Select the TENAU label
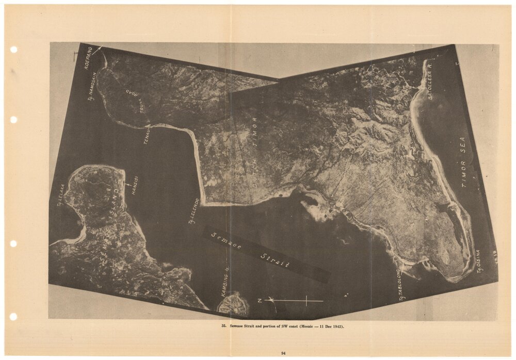(147, 135)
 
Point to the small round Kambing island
(233, 304)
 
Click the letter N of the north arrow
(260, 300)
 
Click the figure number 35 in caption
(223, 326)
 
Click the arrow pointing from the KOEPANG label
(96, 50)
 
